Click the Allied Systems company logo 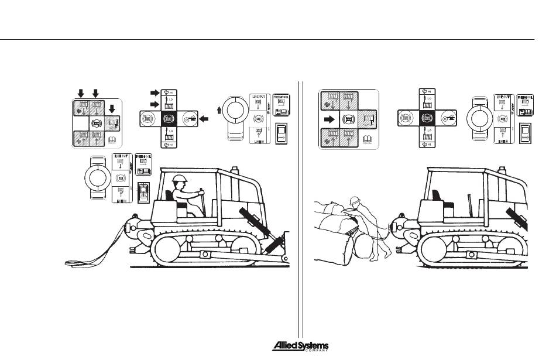pyautogui.click(x=300, y=347)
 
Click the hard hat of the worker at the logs pyautogui.click(x=353, y=201)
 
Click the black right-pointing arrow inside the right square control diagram pyautogui.click(x=331, y=119)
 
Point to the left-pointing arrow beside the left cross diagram pyautogui.click(x=204, y=119)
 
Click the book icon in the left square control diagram pyautogui.click(x=114, y=140)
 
